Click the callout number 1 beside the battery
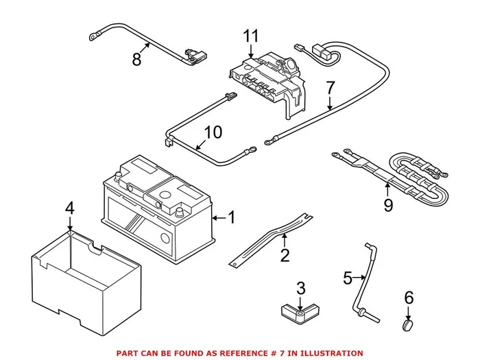231,218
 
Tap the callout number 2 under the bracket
285,256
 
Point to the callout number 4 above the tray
69,208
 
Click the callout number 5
348,278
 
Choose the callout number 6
409,297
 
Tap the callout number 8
136,60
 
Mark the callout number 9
388,204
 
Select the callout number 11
251,34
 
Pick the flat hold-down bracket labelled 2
269,238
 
